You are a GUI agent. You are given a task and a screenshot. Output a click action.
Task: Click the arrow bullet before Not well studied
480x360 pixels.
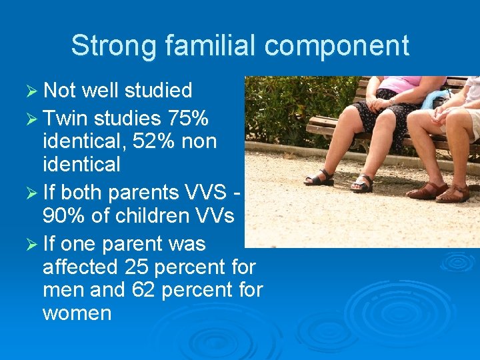[x=31, y=90]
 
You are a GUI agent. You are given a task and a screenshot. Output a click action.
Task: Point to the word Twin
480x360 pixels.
[x=65, y=119]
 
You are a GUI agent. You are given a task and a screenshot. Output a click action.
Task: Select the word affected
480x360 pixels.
[x=80, y=267]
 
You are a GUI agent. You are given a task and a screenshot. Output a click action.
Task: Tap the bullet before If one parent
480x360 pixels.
[x=31, y=243]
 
